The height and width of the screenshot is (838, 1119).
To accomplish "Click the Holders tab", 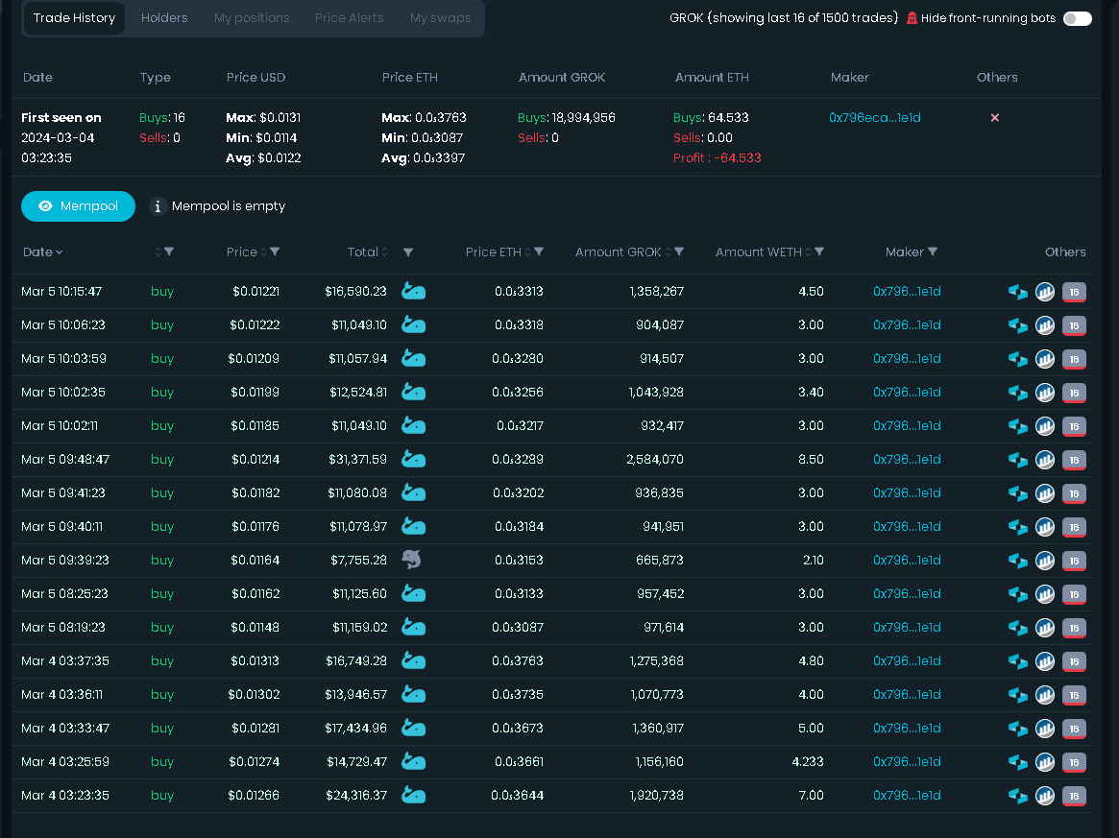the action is pos(164,18).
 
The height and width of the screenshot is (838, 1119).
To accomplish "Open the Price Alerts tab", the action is pos(349,18).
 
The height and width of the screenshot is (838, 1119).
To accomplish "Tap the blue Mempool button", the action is pos(79,206).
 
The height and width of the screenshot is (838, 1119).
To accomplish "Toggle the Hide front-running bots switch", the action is pos(1077,18).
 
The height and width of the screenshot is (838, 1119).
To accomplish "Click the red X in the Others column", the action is pos(995,118).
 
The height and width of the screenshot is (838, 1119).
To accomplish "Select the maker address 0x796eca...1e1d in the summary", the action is pos(875,118).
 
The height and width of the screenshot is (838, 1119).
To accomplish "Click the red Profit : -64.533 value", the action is pos(718,157).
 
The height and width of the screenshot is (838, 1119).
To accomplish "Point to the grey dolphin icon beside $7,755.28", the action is pos(412,560).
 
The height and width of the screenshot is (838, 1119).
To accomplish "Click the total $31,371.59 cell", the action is pos(357,459).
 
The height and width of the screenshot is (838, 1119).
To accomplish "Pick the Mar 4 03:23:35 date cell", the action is pos(65,795).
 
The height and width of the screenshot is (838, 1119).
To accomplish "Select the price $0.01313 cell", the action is pos(255,661).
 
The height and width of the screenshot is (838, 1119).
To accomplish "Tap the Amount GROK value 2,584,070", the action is pos(655,459).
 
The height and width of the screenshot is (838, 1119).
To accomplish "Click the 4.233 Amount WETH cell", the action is pos(808,762).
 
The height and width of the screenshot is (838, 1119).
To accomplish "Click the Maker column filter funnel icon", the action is pos(933,251).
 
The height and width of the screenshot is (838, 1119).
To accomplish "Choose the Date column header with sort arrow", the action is pos(43,251).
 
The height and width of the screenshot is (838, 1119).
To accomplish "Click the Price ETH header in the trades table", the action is pos(494,251).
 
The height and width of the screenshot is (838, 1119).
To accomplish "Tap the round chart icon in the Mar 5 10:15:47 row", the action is pos(1045,292).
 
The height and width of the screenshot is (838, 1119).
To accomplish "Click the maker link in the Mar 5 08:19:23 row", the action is pos(907,628).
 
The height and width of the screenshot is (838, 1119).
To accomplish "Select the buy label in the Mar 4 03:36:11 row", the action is pos(162,695).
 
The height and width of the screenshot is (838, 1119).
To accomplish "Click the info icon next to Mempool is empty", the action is pos(158,206).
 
